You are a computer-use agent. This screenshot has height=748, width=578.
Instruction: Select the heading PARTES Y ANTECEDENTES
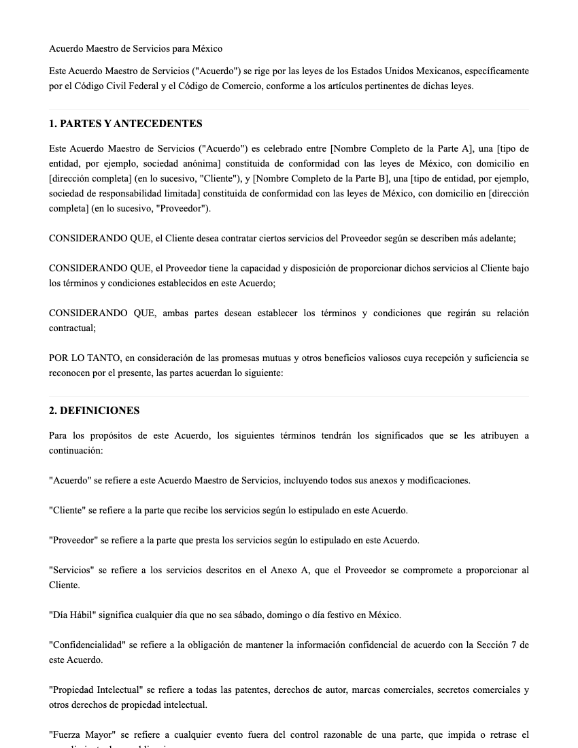point(131,124)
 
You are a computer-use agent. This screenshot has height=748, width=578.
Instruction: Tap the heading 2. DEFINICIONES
point(94,411)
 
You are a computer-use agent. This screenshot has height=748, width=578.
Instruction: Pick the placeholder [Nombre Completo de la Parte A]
point(401,149)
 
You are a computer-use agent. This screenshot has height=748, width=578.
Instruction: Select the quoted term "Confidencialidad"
point(86,645)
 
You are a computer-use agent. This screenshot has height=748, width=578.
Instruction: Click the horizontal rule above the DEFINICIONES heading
point(289,396)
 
